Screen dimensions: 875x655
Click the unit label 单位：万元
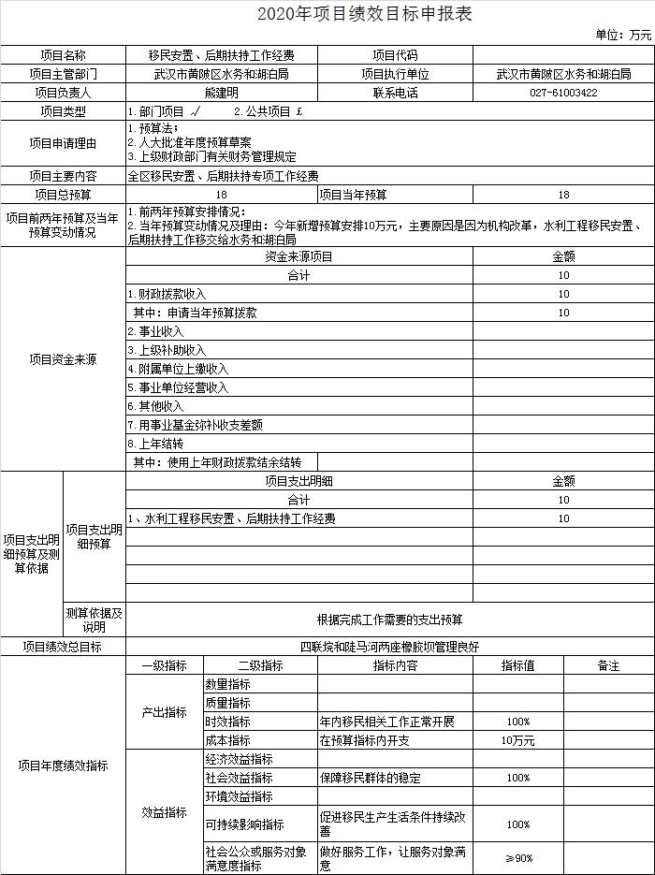tap(623, 36)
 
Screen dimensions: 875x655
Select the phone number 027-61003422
tap(563, 93)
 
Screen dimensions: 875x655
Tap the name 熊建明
tap(222, 93)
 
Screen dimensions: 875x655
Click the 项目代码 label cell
tap(395, 55)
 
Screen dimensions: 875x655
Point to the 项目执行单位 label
tap(395, 74)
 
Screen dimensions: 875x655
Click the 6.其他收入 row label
tap(155, 406)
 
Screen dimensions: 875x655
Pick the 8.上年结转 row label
tap(155, 444)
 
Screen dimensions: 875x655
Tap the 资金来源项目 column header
tap(298, 256)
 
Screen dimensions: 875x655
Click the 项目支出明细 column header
tap(298, 481)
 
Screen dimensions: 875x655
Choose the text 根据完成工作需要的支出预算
tap(389, 620)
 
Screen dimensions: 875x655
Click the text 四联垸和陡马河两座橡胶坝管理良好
tap(389, 647)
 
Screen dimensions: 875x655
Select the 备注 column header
tap(608, 665)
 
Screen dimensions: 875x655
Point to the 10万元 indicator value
tap(517, 740)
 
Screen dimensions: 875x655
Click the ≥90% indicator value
tap(517, 858)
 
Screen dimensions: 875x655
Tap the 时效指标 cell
tap(227, 722)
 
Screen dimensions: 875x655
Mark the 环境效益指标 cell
tap(239, 796)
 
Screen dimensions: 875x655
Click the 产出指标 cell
tap(164, 712)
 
